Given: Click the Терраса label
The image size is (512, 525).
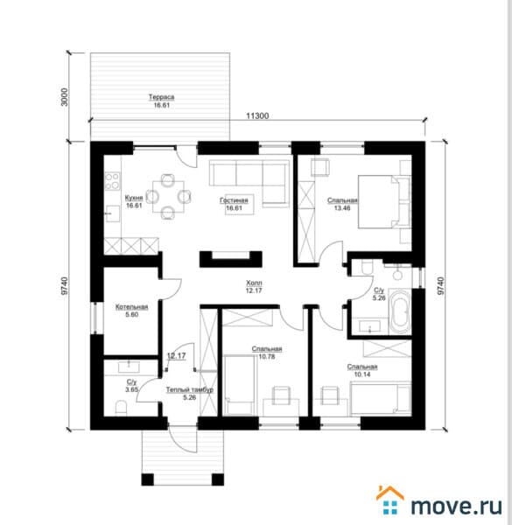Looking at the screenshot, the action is tap(161, 97).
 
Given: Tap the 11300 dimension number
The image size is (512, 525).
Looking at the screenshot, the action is tap(257, 115).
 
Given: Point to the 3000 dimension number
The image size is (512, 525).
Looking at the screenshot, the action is tap(65, 97).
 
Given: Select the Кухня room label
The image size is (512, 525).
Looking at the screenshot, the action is tap(134, 198).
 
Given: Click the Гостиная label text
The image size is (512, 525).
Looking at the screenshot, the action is tap(234, 200).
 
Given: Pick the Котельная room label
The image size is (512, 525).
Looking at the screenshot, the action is tap(131, 307).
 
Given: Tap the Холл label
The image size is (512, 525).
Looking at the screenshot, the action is tap(254, 283).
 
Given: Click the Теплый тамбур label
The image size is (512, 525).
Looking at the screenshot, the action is tap(190, 389).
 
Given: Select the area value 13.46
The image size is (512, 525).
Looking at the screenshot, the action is tap(342, 208).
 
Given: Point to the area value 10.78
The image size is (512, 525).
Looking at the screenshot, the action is tap(267, 357).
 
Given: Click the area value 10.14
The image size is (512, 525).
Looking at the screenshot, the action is tap(362, 374).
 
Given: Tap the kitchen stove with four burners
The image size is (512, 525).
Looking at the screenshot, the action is tap(112, 181).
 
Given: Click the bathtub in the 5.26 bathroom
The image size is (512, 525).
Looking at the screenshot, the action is tap(400, 312).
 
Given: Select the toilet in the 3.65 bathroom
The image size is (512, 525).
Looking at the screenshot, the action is tap(121, 408).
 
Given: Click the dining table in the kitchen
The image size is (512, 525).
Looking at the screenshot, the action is tap(168, 197).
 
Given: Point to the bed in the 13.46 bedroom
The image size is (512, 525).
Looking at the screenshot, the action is tap(384, 201).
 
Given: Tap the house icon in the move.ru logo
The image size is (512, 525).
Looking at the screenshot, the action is tap(389, 500).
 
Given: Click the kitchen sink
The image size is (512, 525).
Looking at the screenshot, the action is tap(113, 213).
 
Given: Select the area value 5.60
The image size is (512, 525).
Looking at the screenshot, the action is tap(132, 314).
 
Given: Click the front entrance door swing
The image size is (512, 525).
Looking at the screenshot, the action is tap(183, 439).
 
